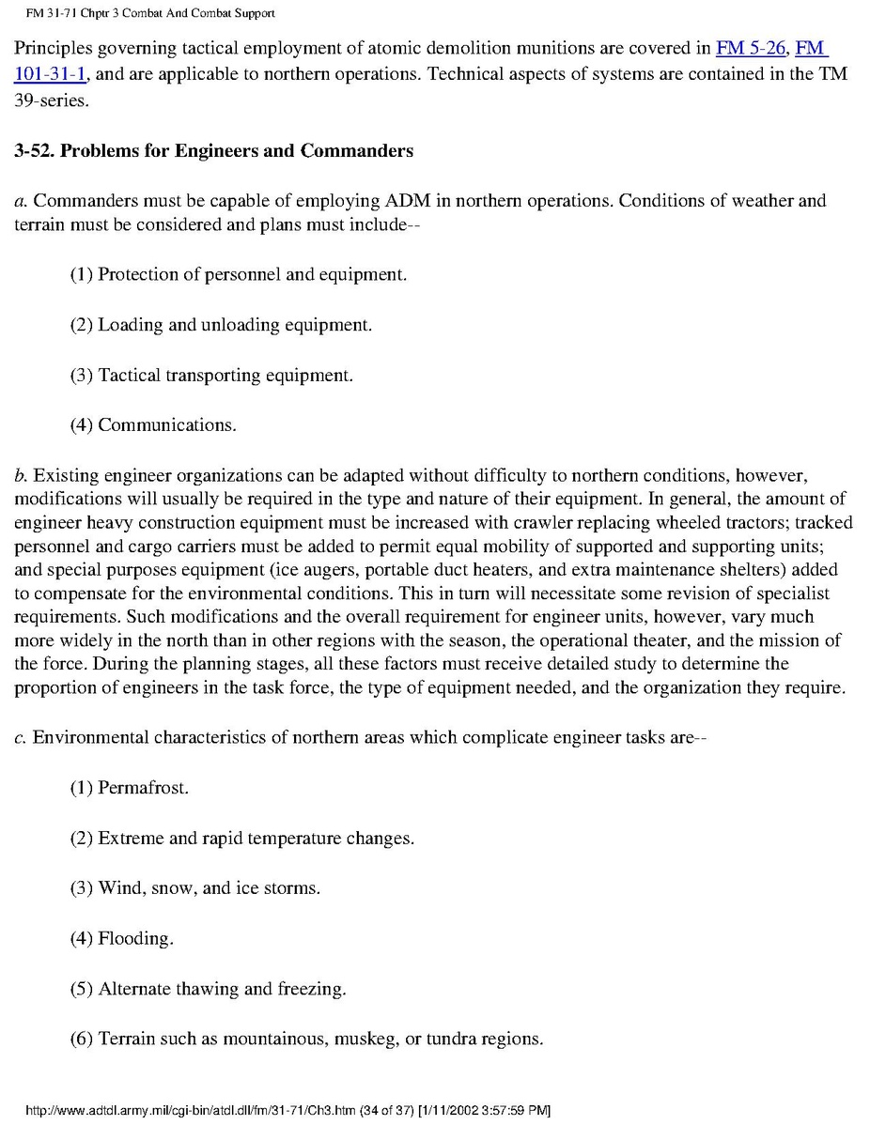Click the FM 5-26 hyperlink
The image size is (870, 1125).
tap(751, 48)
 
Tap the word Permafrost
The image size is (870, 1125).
tap(143, 788)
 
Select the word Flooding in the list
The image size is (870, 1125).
tap(135, 938)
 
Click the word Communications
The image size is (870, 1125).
tap(166, 425)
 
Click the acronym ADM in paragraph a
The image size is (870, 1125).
tap(408, 201)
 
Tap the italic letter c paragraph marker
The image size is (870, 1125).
tap(19, 737)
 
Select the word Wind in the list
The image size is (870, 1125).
tap(119, 887)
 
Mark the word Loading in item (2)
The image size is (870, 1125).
tap(130, 325)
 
